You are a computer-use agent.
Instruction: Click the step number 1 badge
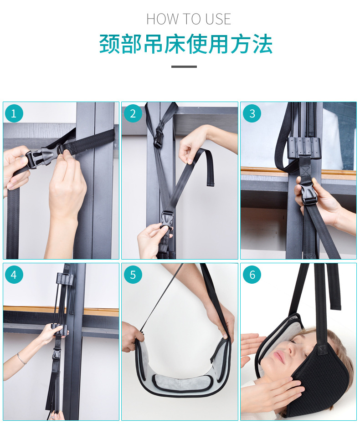click(x=14, y=113)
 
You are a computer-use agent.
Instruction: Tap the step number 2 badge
click(x=133, y=113)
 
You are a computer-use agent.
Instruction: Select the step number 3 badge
click(x=252, y=113)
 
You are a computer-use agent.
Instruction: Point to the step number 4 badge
click(x=14, y=275)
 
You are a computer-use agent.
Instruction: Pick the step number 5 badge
click(x=133, y=275)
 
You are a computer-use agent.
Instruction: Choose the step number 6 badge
click(x=252, y=275)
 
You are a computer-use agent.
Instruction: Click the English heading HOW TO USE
click(x=189, y=19)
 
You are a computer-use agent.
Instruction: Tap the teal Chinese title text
click(x=186, y=44)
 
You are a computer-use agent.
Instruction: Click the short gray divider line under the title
click(x=184, y=66)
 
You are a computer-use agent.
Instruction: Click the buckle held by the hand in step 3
click(x=309, y=193)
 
